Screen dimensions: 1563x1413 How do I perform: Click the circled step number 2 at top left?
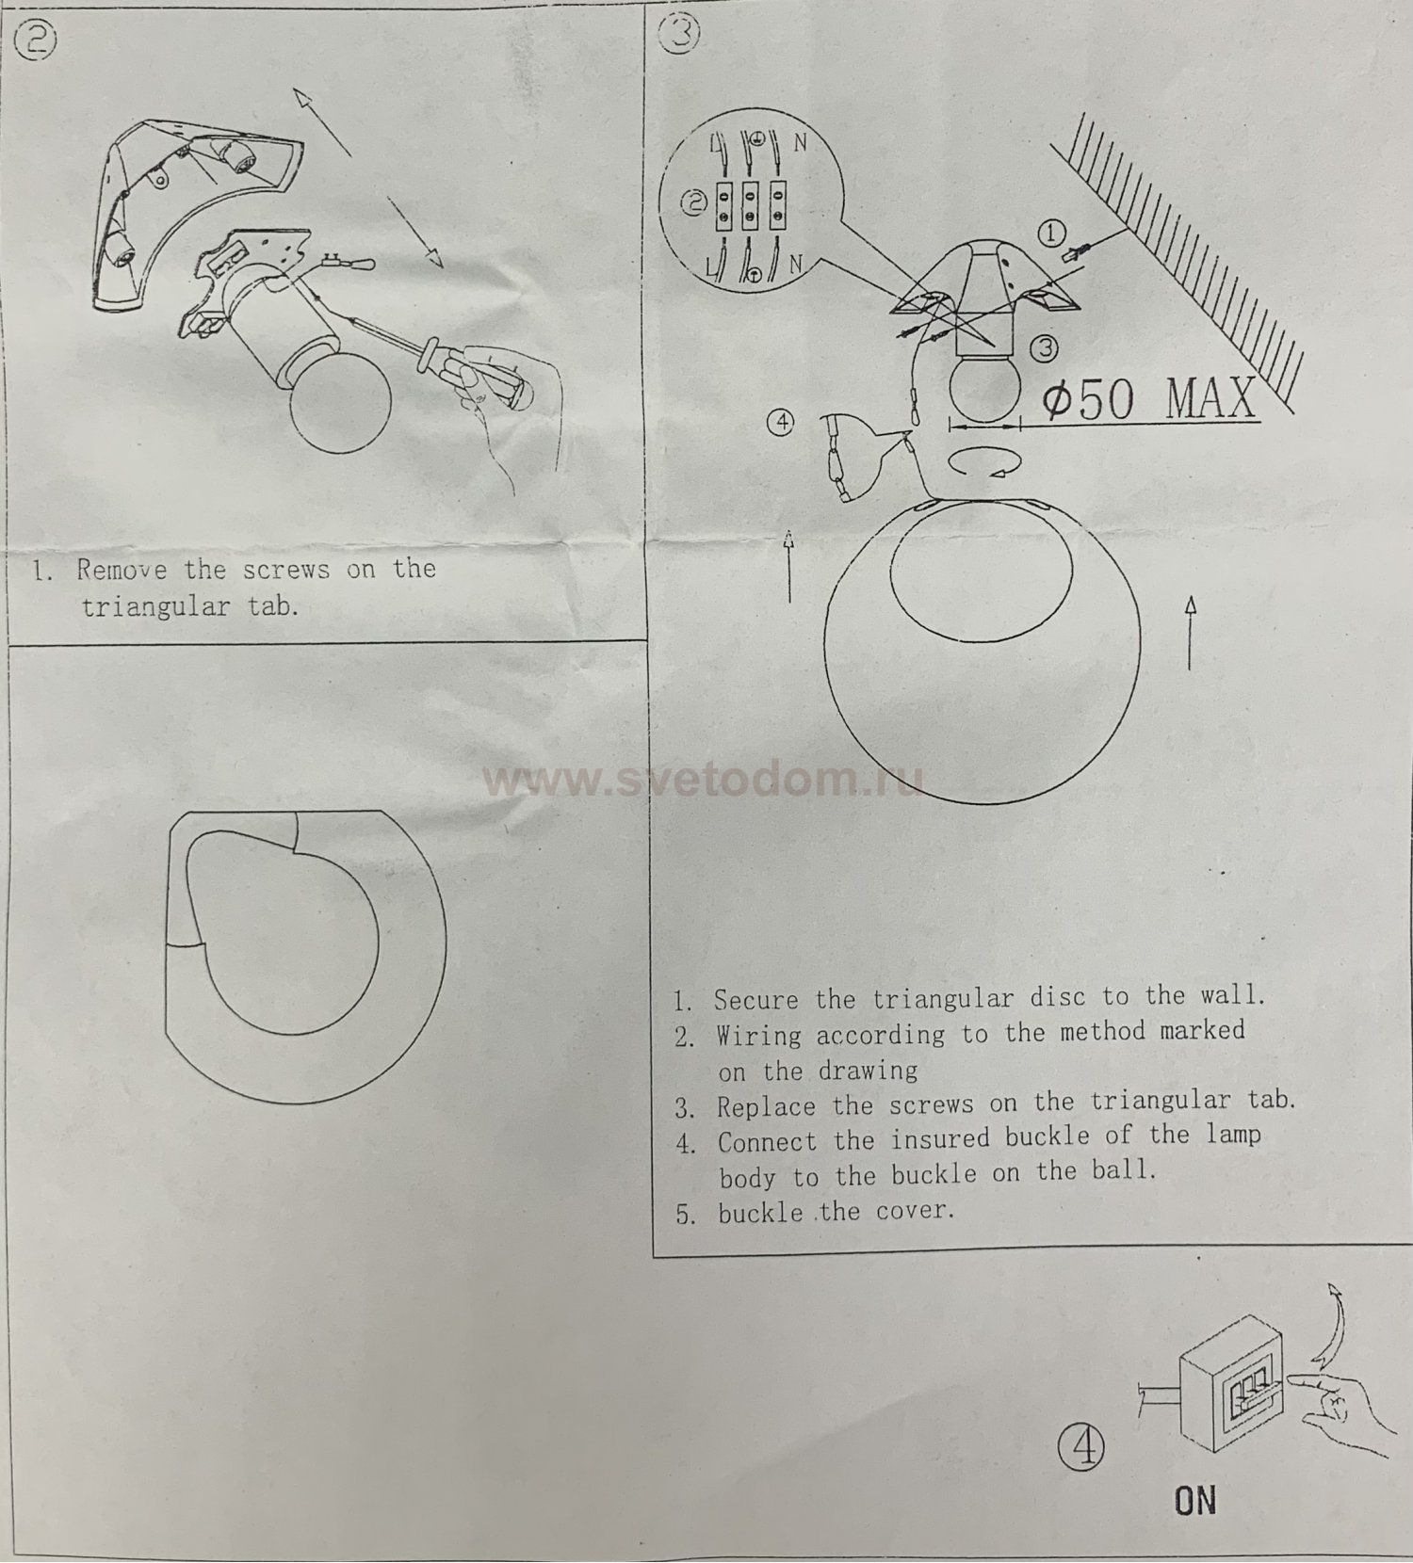click(40, 40)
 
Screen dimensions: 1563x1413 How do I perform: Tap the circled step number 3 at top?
click(681, 34)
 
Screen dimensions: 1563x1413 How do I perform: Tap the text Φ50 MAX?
click(1149, 399)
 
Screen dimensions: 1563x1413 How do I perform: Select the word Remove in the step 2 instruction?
click(122, 570)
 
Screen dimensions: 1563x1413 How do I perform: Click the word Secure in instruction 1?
click(755, 999)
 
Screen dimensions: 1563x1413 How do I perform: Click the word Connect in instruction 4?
click(767, 1142)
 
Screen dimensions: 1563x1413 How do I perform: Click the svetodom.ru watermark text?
click(702, 780)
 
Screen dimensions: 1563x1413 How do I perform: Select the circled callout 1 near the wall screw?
click(1051, 233)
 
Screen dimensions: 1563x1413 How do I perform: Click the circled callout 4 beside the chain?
click(782, 423)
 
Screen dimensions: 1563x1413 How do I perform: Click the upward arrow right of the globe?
click(1191, 631)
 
